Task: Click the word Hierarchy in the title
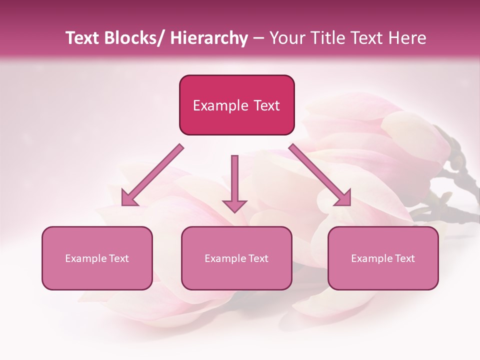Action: (x=208, y=38)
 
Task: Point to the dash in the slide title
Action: (x=259, y=38)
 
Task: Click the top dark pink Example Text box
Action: (x=236, y=105)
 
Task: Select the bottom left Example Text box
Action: (x=97, y=258)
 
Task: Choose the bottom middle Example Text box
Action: (x=236, y=258)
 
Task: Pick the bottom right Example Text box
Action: (x=383, y=258)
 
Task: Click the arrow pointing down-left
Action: (x=153, y=174)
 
